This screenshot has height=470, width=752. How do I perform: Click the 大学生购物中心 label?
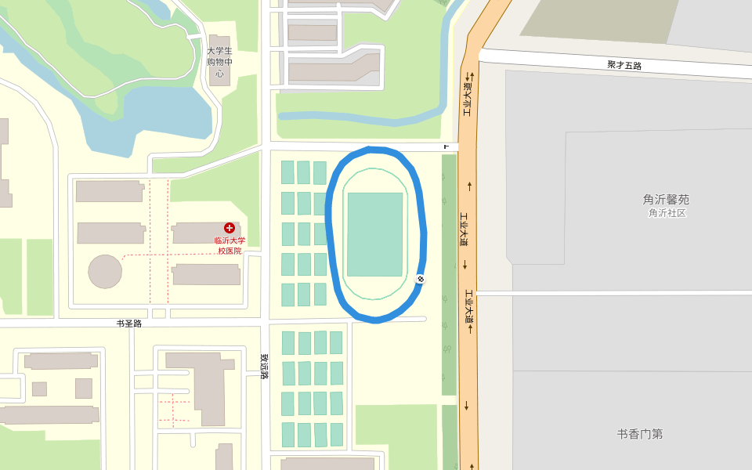(x=220, y=62)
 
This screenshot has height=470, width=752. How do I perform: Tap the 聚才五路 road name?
(x=624, y=65)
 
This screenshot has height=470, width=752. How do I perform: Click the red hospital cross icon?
(x=230, y=227)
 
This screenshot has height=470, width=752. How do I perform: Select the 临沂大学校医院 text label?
(x=230, y=246)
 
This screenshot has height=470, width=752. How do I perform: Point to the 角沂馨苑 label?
(x=666, y=200)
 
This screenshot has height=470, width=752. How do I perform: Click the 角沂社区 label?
(x=667, y=213)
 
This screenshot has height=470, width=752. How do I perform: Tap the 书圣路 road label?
(x=128, y=323)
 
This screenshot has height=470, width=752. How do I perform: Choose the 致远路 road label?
(x=265, y=366)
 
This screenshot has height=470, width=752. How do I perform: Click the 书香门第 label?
(x=639, y=433)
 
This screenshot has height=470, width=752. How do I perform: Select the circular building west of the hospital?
(x=105, y=271)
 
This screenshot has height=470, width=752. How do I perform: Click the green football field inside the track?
(x=374, y=234)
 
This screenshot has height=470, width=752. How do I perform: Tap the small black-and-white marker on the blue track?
(x=421, y=279)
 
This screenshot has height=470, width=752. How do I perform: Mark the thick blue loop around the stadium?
(x=331, y=235)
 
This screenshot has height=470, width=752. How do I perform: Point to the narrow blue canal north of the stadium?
(x=360, y=118)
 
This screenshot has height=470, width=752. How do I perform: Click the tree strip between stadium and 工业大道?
(x=449, y=274)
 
